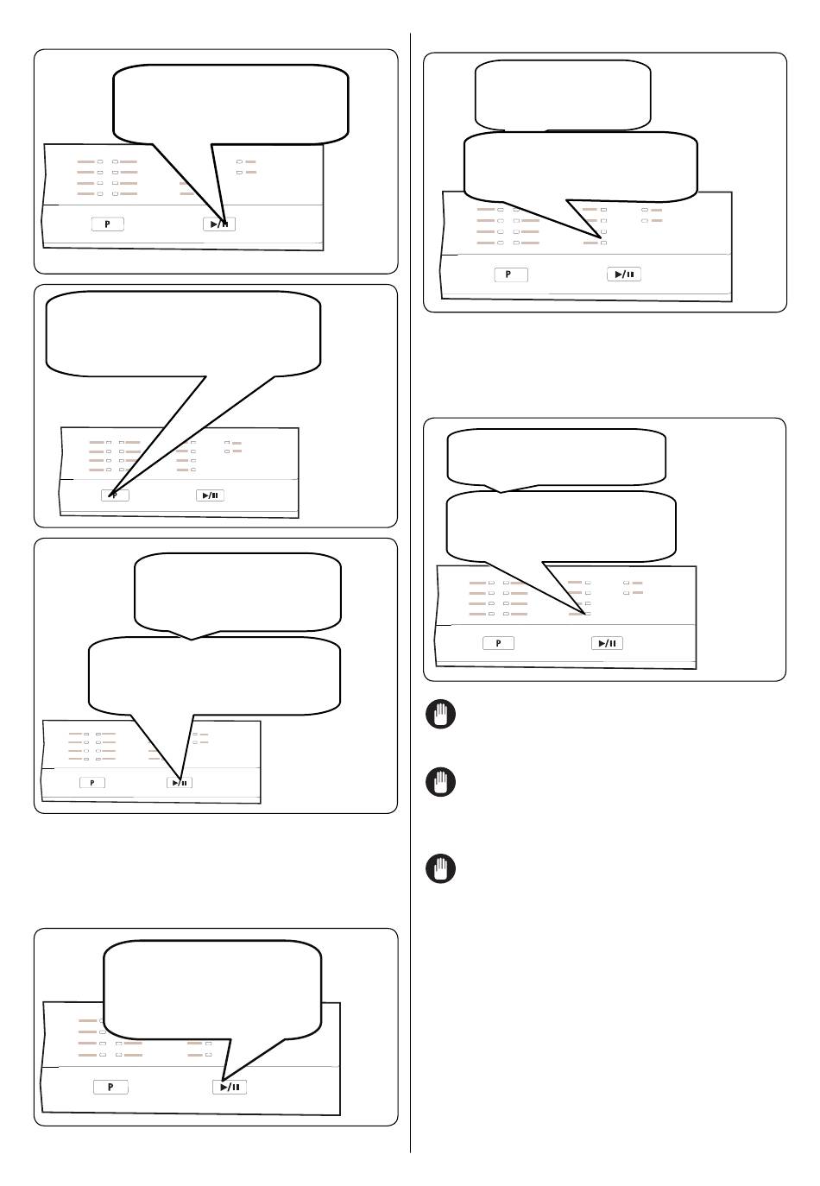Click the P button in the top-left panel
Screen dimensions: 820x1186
107,224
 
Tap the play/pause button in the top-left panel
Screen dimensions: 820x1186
219,224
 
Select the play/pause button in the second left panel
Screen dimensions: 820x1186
210,495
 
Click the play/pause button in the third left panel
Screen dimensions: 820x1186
180,783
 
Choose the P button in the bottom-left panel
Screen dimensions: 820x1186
110,1088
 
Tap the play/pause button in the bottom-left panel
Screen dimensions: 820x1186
230,1088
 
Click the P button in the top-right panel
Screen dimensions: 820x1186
511,274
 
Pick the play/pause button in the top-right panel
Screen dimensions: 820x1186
624,274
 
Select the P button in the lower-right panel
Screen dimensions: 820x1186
498,643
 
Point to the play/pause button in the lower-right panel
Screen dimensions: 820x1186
607,643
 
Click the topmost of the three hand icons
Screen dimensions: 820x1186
440,714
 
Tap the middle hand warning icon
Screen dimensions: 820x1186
440,781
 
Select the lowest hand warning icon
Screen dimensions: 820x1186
440,868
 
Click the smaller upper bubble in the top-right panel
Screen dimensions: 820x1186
563,95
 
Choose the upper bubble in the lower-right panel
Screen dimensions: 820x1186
557,457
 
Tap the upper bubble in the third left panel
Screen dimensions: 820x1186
237,593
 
